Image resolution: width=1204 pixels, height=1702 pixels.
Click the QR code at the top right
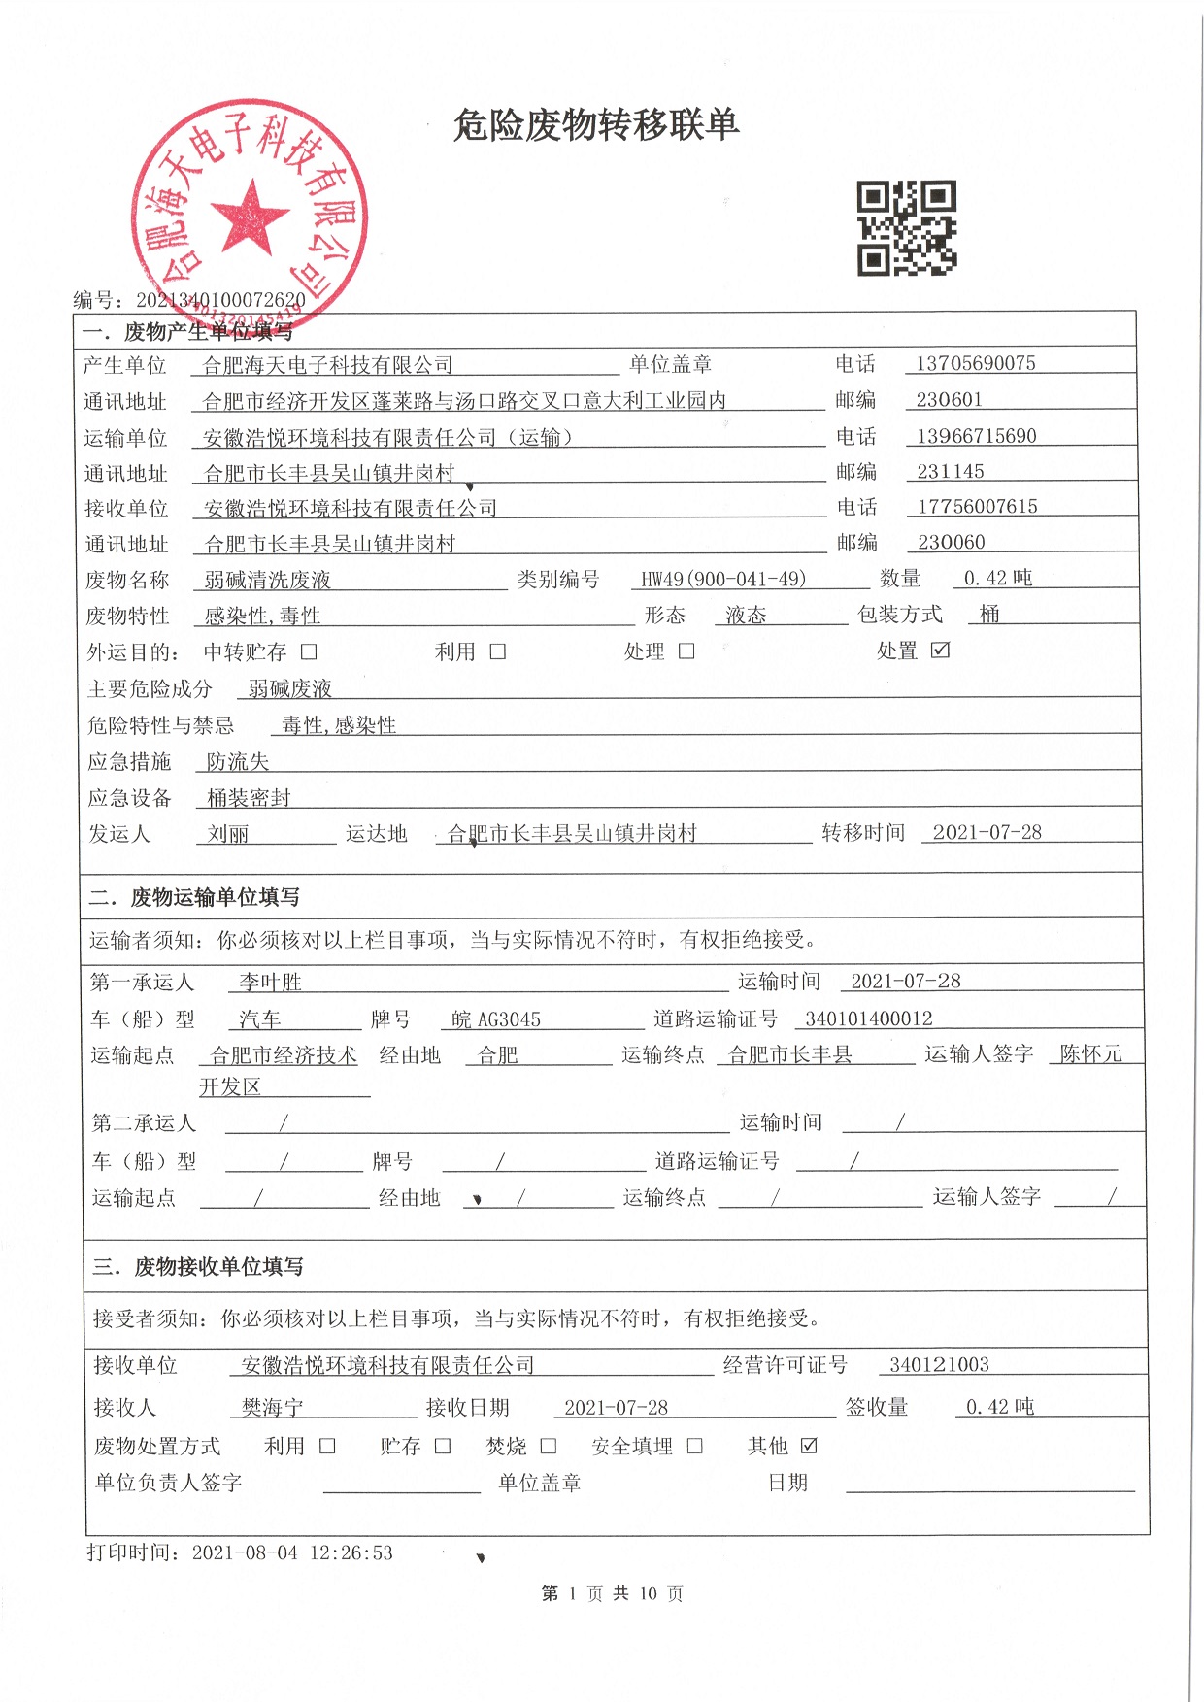pyautogui.click(x=906, y=227)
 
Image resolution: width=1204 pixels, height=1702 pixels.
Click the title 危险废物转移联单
pyautogui.click(x=596, y=125)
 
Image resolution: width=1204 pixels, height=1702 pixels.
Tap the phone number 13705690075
pyautogui.click(x=975, y=363)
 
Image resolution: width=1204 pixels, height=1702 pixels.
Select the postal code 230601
pyautogui.click(x=949, y=399)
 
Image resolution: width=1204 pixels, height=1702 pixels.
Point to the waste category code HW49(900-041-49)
pyautogui.click(x=722, y=579)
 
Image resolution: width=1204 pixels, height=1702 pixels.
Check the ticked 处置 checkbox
pyautogui.click(x=940, y=650)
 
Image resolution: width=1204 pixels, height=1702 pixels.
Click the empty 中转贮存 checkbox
pyautogui.click(x=309, y=651)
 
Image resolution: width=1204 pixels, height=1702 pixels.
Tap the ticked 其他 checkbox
pyautogui.click(x=809, y=1445)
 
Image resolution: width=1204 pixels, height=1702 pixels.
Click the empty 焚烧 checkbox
pyautogui.click(x=548, y=1446)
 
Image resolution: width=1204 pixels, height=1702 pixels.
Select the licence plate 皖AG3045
pyautogui.click(x=496, y=1018)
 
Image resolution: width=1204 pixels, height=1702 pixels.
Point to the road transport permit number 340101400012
pyautogui.click(x=869, y=1018)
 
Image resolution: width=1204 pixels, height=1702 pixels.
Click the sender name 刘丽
pyautogui.click(x=228, y=833)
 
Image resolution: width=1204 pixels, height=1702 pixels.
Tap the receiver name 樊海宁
pyautogui.click(x=272, y=1407)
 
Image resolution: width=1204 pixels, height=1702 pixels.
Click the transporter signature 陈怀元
pyautogui.click(x=1090, y=1053)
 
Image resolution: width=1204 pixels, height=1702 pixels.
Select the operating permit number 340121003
pyautogui.click(x=939, y=1364)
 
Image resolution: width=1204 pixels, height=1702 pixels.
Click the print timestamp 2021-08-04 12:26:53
pyautogui.click(x=292, y=1552)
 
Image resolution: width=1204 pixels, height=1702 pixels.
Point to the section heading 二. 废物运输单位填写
pyautogui.click(x=194, y=897)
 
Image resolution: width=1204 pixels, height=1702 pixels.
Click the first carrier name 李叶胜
pyautogui.click(x=270, y=982)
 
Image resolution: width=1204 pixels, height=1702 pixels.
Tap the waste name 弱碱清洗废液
pyautogui.click(x=267, y=580)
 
